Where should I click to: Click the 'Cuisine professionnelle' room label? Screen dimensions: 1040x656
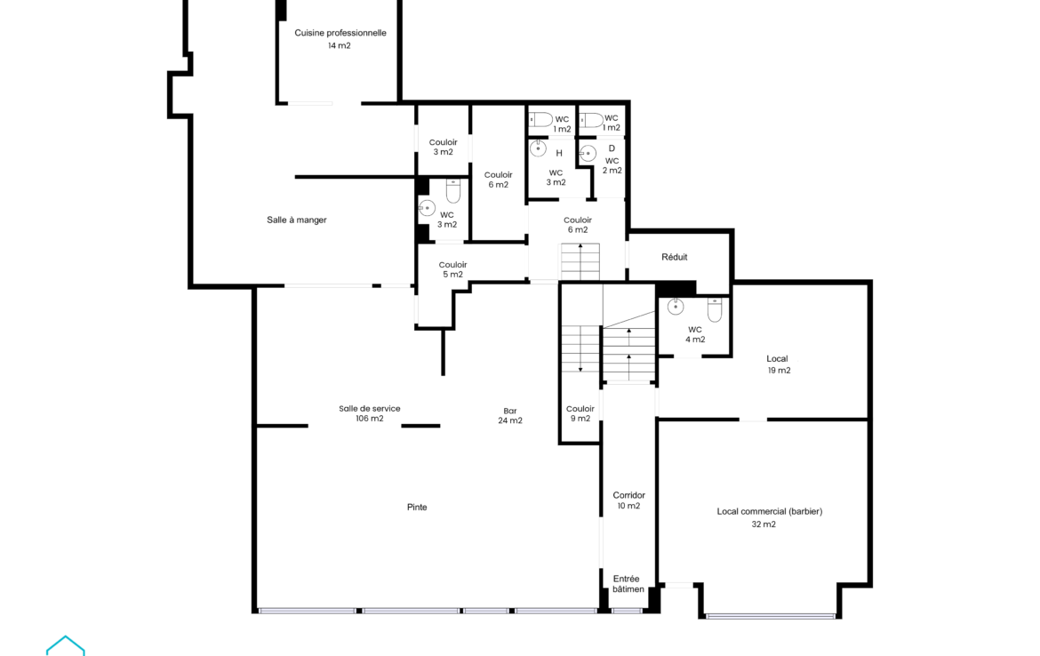coord(340,33)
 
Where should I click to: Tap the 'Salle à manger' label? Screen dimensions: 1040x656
coord(297,220)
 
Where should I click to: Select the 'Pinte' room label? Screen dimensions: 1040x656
coord(417,507)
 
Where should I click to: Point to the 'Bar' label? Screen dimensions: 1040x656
coord(510,411)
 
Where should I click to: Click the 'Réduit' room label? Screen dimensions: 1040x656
coord(674,257)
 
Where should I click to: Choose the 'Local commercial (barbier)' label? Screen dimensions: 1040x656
coord(770,511)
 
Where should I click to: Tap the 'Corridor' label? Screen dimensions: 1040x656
coord(628,495)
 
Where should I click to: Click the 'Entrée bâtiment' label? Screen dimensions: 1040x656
coord(628,584)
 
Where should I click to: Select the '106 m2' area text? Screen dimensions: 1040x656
coord(370,419)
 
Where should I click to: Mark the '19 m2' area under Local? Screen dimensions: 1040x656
coord(780,370)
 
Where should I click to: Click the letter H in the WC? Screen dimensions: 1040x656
coord(559,153)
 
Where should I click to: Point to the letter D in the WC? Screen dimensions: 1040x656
coord(612,148)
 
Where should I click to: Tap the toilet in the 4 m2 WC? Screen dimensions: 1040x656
coord(715,309)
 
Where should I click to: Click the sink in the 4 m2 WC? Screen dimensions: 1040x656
coord(676,306)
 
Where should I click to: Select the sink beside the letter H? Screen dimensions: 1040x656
coord(538,148)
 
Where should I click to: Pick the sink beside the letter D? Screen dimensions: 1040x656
coord(588,154)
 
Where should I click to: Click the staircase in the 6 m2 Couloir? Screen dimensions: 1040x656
coord(580,261)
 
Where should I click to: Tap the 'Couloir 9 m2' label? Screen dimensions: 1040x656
coord(580,413)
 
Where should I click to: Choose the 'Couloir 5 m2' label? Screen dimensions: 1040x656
coord(453,269)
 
